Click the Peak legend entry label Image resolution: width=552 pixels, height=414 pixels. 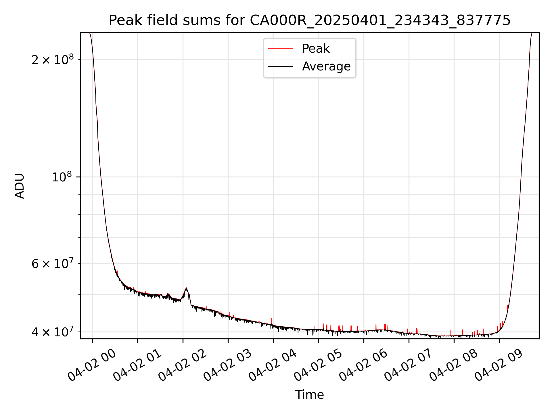coord(316,49)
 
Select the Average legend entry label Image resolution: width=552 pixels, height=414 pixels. coord(326,66)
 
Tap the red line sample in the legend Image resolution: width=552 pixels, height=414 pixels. coord(280,49)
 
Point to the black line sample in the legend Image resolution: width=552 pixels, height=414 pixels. coord(280,66)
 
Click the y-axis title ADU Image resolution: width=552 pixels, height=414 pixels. coord(20,186)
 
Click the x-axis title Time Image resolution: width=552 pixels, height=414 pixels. coord(309,395)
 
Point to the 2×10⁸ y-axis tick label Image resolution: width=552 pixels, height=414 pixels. coord(53,60)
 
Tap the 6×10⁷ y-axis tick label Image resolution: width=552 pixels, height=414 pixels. coord(53,263)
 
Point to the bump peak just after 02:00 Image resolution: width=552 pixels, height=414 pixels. coord(187,288)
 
